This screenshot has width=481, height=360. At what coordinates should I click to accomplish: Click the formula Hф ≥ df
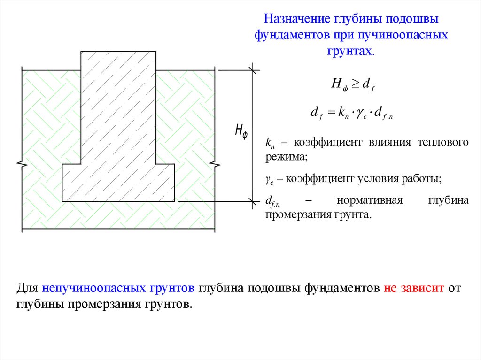click(352, 84)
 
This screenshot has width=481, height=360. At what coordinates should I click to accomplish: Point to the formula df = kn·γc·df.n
click(351, 113)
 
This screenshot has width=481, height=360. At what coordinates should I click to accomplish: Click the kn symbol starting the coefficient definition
click(270, 143)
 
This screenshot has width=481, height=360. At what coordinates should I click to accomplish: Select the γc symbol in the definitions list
click(270, 179)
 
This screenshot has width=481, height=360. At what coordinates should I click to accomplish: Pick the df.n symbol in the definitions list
click(273, 202)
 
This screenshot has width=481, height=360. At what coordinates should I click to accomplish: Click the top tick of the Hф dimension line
click(253, 70)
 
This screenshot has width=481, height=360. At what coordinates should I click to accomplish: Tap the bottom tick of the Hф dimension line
click(253, 201)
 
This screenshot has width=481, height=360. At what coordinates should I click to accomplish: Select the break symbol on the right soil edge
click(215, 164)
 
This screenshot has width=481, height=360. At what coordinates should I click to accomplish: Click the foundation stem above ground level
click(118, 61)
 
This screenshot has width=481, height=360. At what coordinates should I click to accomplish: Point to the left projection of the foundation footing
click(71, 183)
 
